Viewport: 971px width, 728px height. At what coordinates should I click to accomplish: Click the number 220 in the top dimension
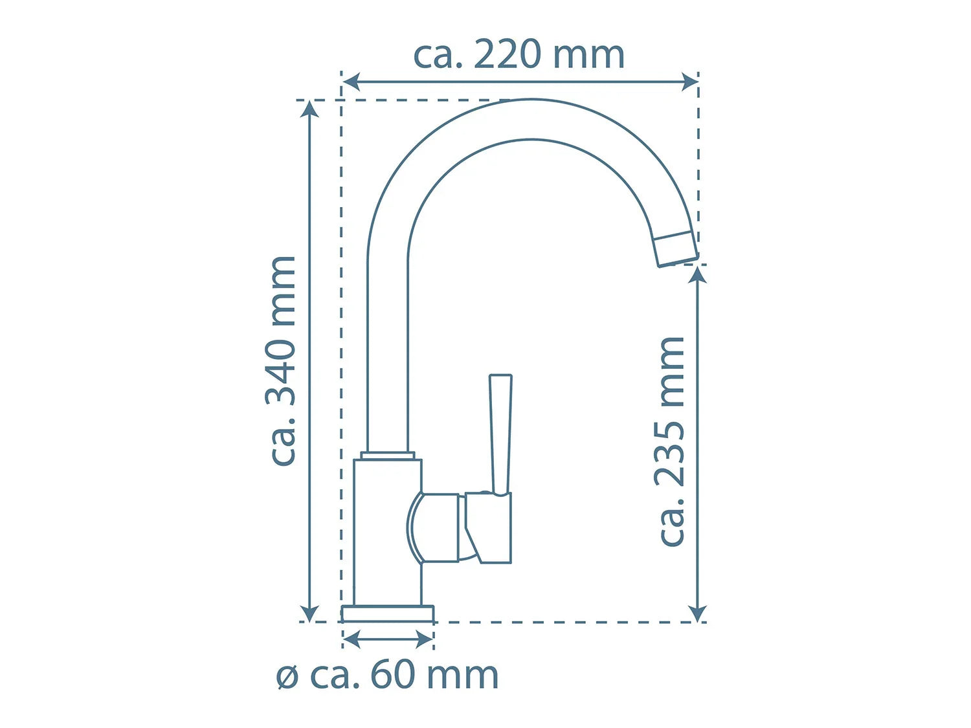click(507, 54)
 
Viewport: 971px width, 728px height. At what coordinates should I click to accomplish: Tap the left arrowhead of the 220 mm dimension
click(352, 82)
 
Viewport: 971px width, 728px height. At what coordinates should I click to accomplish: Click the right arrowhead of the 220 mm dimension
click(690, 82)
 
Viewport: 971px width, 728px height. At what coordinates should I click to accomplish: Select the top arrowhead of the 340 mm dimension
click(309, 109)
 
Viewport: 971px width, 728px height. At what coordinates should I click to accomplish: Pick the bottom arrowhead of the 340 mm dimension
click(309, 613)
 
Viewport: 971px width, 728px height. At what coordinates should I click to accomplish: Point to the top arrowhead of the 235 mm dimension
click(698, 276)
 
